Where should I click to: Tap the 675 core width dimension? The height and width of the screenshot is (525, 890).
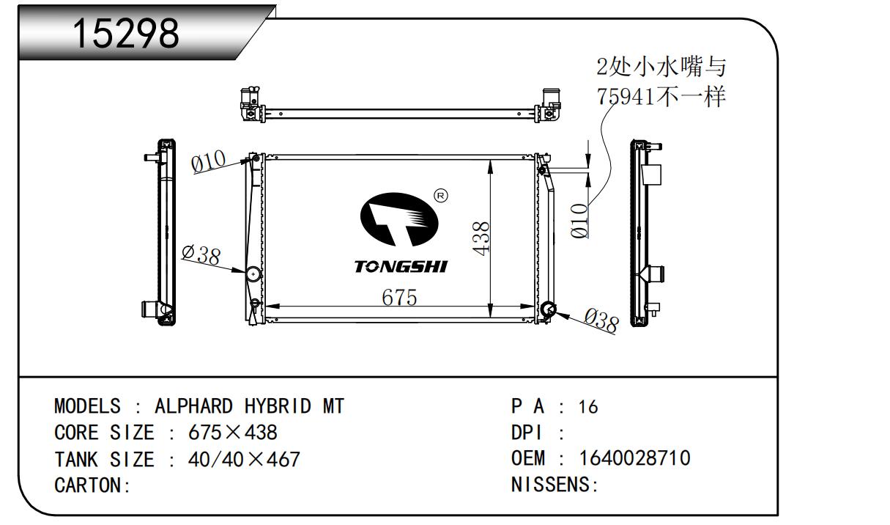coord(398,298)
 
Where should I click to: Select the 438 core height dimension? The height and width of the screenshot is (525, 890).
coord(481,239)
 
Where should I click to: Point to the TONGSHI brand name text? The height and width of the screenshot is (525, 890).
coord(401,266)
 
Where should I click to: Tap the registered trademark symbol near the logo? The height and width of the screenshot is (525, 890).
coord(441,196)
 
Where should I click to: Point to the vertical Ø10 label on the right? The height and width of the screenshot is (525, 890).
coord(579,220)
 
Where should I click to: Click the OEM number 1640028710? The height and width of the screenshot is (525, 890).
coord(634,458)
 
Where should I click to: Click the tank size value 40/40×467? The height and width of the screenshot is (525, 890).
coord(244,460)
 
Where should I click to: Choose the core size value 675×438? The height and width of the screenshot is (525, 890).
coord(233,433)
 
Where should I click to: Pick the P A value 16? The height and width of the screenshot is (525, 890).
coord(587,407)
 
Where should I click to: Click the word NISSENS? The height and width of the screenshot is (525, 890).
coord(552,485)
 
